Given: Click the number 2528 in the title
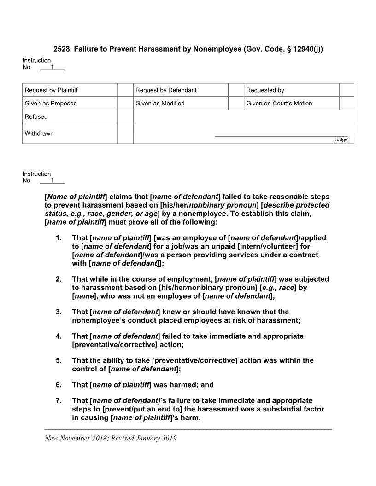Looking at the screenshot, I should [x=62, y=49].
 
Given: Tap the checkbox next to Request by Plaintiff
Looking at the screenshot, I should [x=125, y=90].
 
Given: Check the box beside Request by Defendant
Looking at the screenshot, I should [x=235, y=90].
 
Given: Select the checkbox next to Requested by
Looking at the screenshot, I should [x=347, y=90].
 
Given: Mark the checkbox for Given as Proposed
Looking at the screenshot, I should [x=125, y=103].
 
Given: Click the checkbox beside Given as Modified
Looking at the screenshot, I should [x=235, y=103].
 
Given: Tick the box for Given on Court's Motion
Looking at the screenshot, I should [x=347, y=103].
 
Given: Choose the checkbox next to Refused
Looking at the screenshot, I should [x=125, y=116].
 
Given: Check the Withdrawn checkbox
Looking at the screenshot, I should [x=125, y=133].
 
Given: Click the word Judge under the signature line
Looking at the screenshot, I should [x=341, y=139].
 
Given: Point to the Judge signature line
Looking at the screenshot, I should [x=281, y=136].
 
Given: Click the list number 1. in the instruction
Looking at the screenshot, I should [x=59, y=238].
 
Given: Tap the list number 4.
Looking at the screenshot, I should [x=59, y=336].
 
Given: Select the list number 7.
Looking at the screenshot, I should [x=59, y=400].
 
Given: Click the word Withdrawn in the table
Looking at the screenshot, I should [x=39, y=133].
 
